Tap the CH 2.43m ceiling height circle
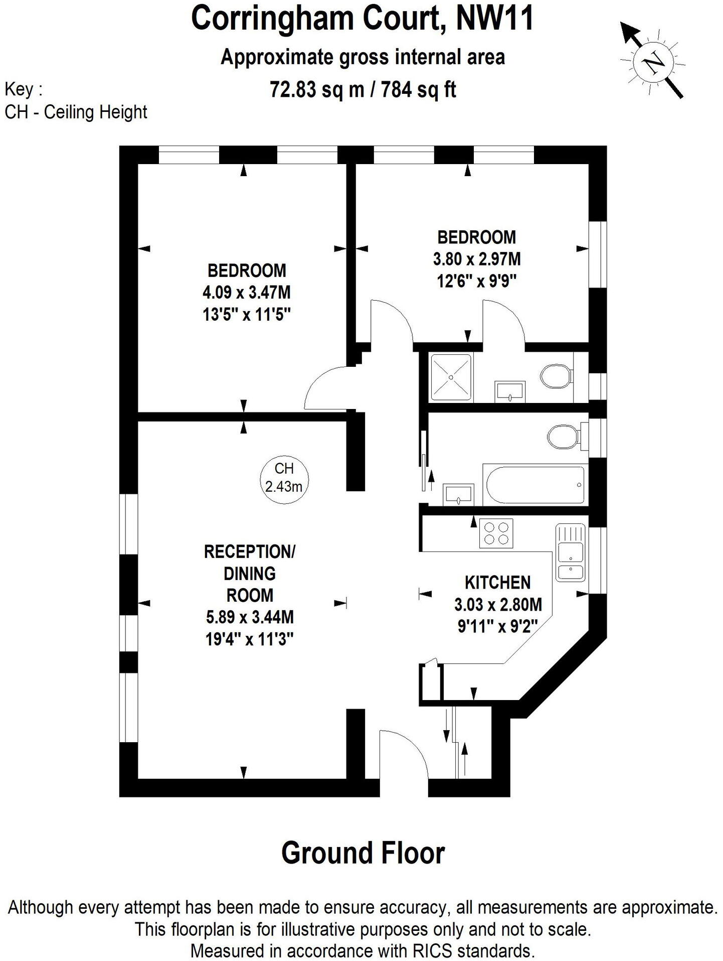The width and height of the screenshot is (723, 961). pyautogui.click(x=284, y=477)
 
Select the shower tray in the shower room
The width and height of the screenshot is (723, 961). pyautogui.click(x=451, y=377)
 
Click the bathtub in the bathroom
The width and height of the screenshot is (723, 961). pyautogui.click(x=535, y=485)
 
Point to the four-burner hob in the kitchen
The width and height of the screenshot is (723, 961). pyautogui.click(x=496, y=533)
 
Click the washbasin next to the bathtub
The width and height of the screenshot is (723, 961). pyautogui.click(x=458, y=494)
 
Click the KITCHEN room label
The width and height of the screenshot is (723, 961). pyautogui.click(x=497, y=582)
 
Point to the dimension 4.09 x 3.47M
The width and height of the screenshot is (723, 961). pyautogui.click(x=247, y=292)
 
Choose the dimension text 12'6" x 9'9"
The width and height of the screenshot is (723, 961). pyautogui.click(x=476, y=281)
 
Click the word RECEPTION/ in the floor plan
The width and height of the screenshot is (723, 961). pyautogui.click(x=250, y=552)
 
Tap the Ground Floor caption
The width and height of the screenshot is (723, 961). pyautogui.click(x=363, y=853)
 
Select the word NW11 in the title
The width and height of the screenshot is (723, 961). pyautogui.click(x=494, y=19)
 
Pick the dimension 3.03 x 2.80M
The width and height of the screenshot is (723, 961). pyautogui.click(x=498, y=604)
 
